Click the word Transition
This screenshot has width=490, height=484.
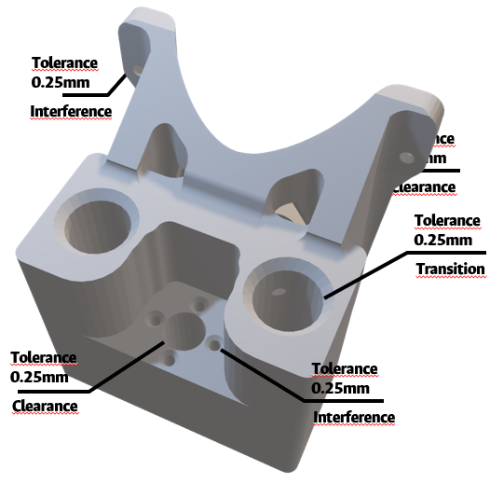pos(451,270)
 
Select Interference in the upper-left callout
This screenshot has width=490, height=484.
pos(71,112)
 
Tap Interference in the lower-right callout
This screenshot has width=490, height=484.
pos(354,417)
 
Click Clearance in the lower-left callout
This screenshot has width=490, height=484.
pos(44,406)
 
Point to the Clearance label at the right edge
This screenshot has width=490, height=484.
pos(427,187)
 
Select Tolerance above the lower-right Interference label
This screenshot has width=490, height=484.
pos(345,369)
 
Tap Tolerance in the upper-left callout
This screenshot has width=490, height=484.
pos(64,62)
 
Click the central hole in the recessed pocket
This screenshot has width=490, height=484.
pos(184,329)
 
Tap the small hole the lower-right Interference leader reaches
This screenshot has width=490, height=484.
pos(215,346)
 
